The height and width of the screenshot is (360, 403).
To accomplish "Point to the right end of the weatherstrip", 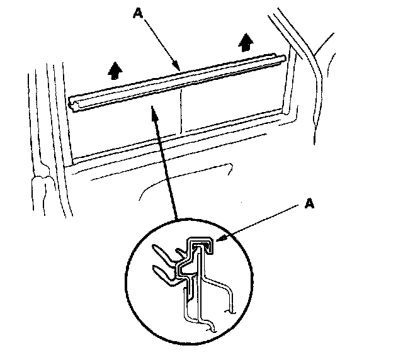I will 284,59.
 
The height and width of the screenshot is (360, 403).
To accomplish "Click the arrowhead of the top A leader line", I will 179,68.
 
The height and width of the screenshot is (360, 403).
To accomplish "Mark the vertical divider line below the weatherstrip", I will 181,113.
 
